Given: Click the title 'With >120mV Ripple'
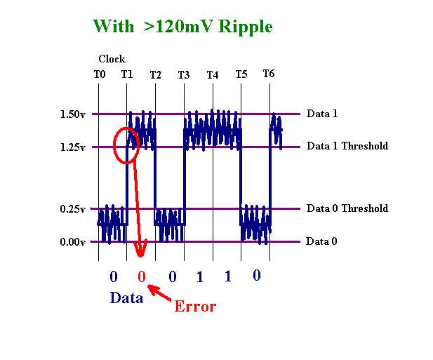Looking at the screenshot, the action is point(182,27).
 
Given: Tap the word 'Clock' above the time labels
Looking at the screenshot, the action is point(112,59).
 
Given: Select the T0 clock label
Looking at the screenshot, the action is point(100,74).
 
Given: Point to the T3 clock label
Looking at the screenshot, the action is point(184,75).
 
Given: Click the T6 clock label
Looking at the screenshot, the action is point(269,74).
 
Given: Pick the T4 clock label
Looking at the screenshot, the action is point(213,75).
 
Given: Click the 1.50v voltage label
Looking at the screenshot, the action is point(72,114).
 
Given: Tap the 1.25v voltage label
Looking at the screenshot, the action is point(72,147).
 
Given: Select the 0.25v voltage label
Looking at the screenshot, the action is point(72,208).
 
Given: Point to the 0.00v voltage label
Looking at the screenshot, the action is point(72,242).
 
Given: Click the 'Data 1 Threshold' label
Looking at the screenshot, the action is point(347,146).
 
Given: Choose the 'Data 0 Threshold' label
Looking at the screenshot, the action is point(347,208).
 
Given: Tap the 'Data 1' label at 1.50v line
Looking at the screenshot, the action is point(322,114).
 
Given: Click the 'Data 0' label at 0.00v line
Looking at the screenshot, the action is point(321,241).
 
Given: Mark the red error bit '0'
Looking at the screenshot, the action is point(142,276).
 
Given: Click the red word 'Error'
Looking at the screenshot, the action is point(195,307).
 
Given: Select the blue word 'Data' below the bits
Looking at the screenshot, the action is point(126,298).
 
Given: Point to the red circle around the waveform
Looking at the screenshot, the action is point(114,145).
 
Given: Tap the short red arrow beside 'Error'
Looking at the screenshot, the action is point(159,293).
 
